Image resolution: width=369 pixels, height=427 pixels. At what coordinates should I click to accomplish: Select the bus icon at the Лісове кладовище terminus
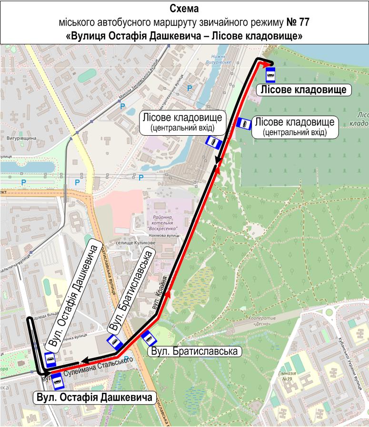(270, 74)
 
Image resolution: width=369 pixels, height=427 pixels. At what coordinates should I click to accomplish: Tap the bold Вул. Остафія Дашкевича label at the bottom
(96, 397)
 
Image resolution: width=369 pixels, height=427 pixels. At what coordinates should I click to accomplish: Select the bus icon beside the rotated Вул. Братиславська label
(113, 341)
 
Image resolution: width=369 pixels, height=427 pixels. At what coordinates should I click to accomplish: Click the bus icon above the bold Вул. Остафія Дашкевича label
(58, 381)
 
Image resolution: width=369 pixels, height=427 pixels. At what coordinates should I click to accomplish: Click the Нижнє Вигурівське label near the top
(219, 60)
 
